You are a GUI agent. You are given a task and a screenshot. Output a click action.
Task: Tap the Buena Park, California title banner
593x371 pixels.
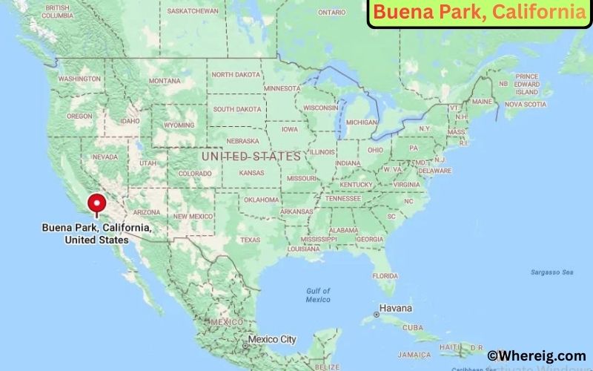pyautogui.click(x=479, y=13)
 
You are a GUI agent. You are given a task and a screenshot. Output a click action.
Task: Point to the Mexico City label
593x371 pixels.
pyautogui.click(x=271, y=339)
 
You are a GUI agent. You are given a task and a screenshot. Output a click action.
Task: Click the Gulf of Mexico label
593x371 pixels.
pyautogui.click(x=317, y=295)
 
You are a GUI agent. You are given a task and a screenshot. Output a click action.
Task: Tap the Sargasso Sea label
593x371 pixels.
pyautogui.click(x=551, y=272)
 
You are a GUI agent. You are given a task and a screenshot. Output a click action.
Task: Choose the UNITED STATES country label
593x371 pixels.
pyautogui.click(x=251, y=157)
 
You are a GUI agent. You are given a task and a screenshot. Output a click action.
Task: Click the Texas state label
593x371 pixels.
pyautogui.click(x=250, y=240)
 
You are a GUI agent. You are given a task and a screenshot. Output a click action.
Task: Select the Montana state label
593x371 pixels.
pyautogui.click(x=164, y=81)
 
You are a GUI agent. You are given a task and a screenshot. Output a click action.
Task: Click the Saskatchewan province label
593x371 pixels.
pyautogui.click(x=193, y=11)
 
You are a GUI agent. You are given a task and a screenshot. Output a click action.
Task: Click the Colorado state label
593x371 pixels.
pyautogui.click(x=194, y=174)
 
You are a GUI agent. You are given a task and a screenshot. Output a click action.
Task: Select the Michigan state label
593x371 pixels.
pyautogui.click(x=362, y=122)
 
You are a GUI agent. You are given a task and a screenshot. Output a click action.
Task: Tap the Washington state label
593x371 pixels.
pyautogui.click(x=79, y=79)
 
